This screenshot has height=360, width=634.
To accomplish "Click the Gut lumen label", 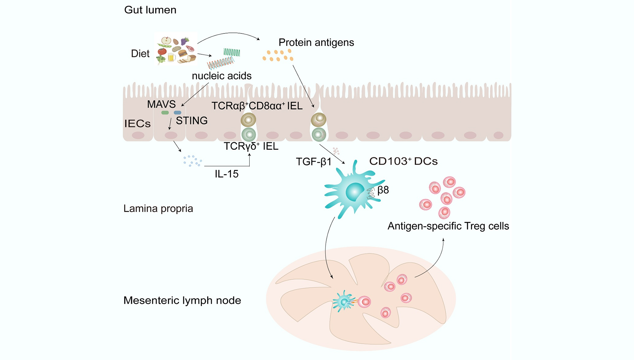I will (150, 10).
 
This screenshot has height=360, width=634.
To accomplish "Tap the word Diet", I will (140, 54).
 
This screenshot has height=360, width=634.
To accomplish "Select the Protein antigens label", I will (316, 42).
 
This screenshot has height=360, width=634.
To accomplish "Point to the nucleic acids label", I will (222, 76).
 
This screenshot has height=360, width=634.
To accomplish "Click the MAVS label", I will (161, 104).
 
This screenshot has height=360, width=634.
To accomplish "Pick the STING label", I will (192, 121).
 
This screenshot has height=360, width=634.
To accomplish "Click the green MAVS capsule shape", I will (165, 113).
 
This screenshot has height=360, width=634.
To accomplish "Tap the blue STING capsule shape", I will (178, 113).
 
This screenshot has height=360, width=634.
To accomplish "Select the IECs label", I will (137, 124).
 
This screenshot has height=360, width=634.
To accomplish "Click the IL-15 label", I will (227, 174).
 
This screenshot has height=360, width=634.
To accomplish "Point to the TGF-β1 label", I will (313, 162).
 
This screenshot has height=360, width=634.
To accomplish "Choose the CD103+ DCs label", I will (403, 161).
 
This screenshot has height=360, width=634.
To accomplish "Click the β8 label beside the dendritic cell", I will (383, 190).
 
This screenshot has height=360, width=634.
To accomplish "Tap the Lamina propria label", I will (158, 208).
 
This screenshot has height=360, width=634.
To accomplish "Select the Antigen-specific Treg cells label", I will (448, 226).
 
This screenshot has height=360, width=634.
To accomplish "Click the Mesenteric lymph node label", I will (182, 300).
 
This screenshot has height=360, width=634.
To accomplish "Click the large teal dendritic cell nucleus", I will (355, 192).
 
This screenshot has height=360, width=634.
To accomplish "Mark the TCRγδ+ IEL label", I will (251, 146).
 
